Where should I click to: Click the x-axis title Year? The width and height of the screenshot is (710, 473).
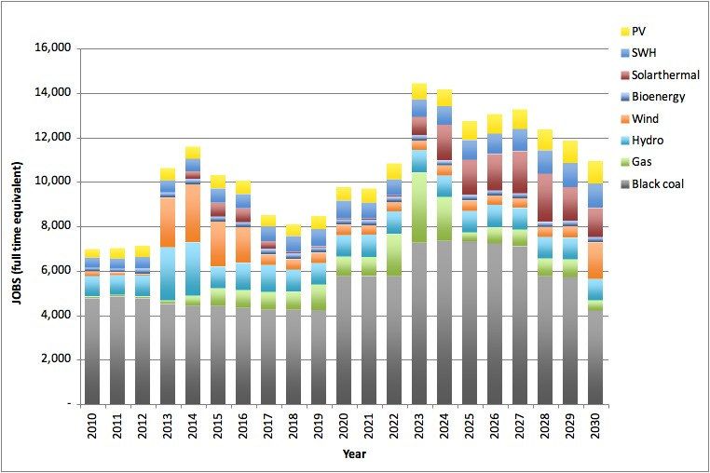[353, 454]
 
